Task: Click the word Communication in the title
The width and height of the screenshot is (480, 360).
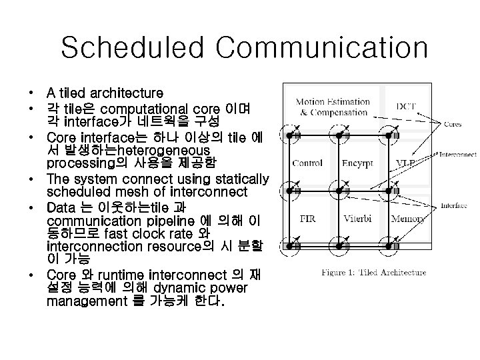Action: click(322, 48)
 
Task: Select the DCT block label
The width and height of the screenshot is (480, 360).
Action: click(406, 106)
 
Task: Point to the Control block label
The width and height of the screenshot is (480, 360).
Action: click(307, 163)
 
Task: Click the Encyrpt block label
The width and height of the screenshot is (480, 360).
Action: click(357, 163)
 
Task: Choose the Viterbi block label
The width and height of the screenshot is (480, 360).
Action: click(357, 218)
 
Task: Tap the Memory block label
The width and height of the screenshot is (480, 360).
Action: click(407, 218)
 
